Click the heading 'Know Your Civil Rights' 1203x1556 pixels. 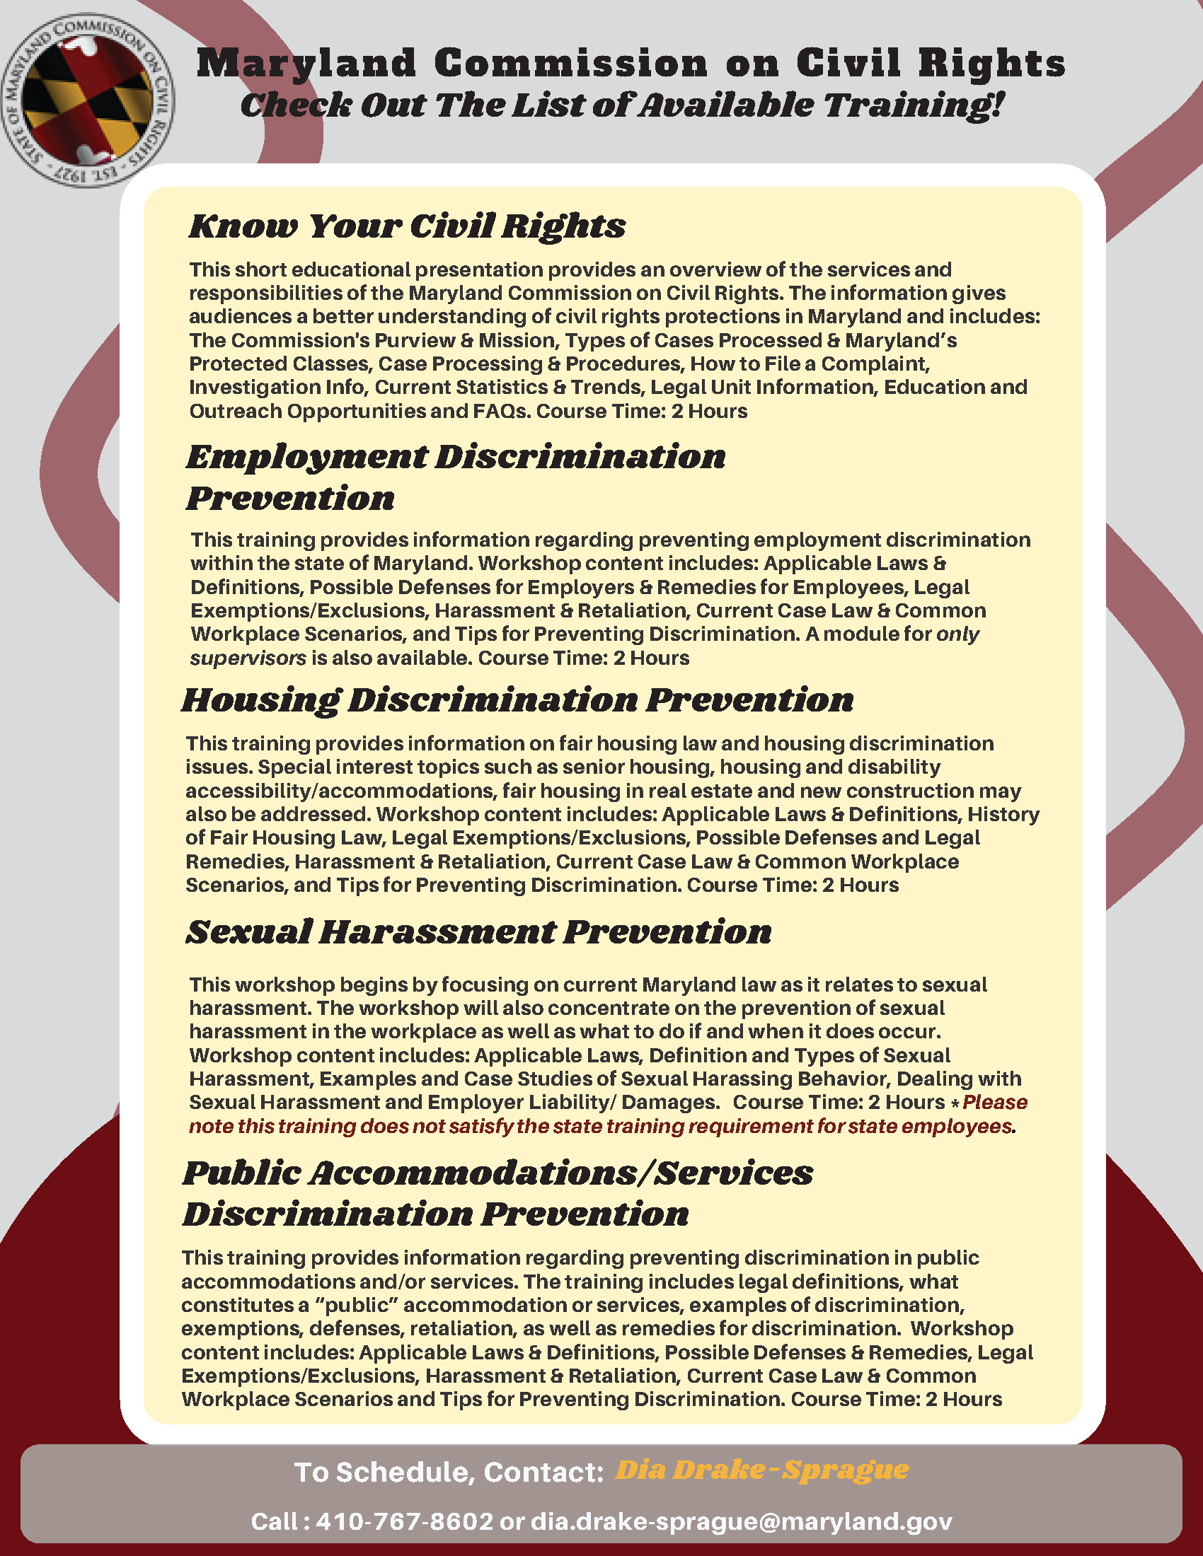[407, 226]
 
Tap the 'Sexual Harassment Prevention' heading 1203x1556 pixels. [478, 932]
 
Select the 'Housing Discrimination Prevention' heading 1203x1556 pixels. [517, 700]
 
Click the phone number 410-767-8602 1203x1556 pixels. [404, 1521]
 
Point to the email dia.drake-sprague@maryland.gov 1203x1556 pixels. [741, 1521]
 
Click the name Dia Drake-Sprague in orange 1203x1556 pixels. [762, 1470]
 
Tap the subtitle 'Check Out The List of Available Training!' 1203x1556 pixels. [622, 105]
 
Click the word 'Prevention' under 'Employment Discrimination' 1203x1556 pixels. [290, 498]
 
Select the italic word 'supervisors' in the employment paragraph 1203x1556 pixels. [248, 658]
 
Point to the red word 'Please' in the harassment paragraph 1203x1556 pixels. [994, 1102]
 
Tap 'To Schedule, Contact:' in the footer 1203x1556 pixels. [449, 1472]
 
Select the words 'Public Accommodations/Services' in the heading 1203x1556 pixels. [497, 1173]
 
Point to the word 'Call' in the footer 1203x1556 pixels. [274, 1521]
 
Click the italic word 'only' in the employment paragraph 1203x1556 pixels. [957, 634]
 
